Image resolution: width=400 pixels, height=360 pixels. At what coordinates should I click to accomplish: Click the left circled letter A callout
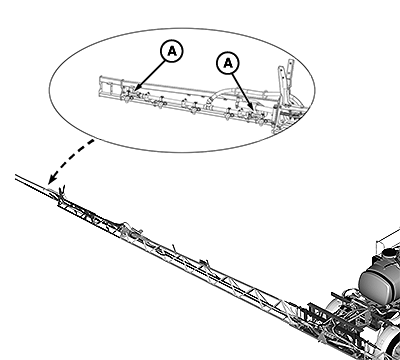click(172, 51)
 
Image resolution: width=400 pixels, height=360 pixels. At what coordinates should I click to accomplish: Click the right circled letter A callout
click(228, 63)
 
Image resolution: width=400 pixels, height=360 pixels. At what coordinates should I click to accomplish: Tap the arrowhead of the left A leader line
click(137, 88)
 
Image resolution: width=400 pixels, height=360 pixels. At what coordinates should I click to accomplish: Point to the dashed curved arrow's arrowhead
click(51, 180)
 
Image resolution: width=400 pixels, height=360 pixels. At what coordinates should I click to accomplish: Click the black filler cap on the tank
click(388, 252)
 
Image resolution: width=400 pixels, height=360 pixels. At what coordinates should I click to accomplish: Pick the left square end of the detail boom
click(103, 87)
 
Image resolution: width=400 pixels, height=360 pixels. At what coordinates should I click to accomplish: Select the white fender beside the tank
click(337, 308)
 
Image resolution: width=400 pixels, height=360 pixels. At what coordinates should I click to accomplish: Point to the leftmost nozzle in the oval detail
click(127, 97)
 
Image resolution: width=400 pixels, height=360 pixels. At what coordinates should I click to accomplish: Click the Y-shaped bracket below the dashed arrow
click(62, 192)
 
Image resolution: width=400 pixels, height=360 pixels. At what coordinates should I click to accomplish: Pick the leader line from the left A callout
click(152, 74)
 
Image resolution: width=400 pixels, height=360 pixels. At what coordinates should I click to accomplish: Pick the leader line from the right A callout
click(243, 91)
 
